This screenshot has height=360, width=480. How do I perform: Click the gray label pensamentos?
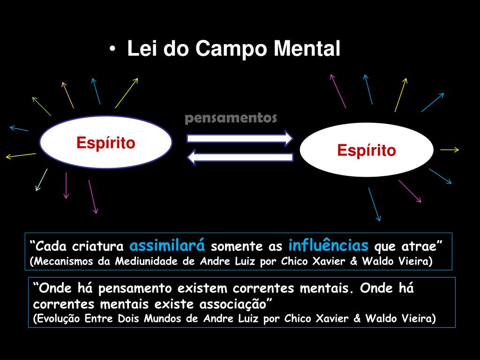(x=231, y=118)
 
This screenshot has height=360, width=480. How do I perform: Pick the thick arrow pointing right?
(x=240, y=138)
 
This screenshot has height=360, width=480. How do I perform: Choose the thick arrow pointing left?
(x=240, y=157)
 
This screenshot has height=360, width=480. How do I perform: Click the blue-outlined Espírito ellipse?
(x=106, y=142)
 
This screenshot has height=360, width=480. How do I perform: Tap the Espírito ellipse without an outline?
(x=367, y=150)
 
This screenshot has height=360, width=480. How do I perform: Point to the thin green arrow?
(x=41, y=106)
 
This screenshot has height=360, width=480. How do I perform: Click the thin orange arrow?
(x=67, y=95)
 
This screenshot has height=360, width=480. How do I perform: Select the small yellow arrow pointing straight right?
(x=450, y=150)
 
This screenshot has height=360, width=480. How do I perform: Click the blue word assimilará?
(x=167, y=245)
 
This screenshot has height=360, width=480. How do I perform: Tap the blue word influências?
(x=328, y=245)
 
